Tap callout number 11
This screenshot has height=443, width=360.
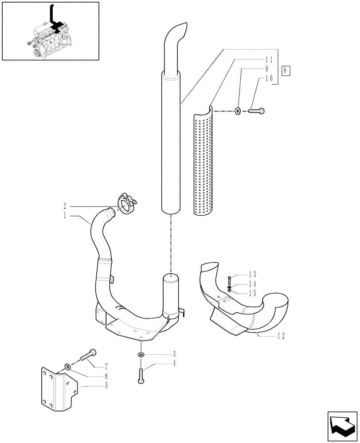269,59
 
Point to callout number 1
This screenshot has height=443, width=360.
65,216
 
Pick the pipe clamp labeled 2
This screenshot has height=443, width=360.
126,205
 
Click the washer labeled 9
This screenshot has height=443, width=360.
239,111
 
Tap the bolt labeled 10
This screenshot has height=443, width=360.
258,111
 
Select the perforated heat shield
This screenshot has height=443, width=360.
203,164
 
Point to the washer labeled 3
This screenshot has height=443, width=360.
141,354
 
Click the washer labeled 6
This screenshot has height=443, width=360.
67,366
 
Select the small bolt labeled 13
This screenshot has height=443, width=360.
229,280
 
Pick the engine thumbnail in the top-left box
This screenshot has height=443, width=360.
50,31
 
